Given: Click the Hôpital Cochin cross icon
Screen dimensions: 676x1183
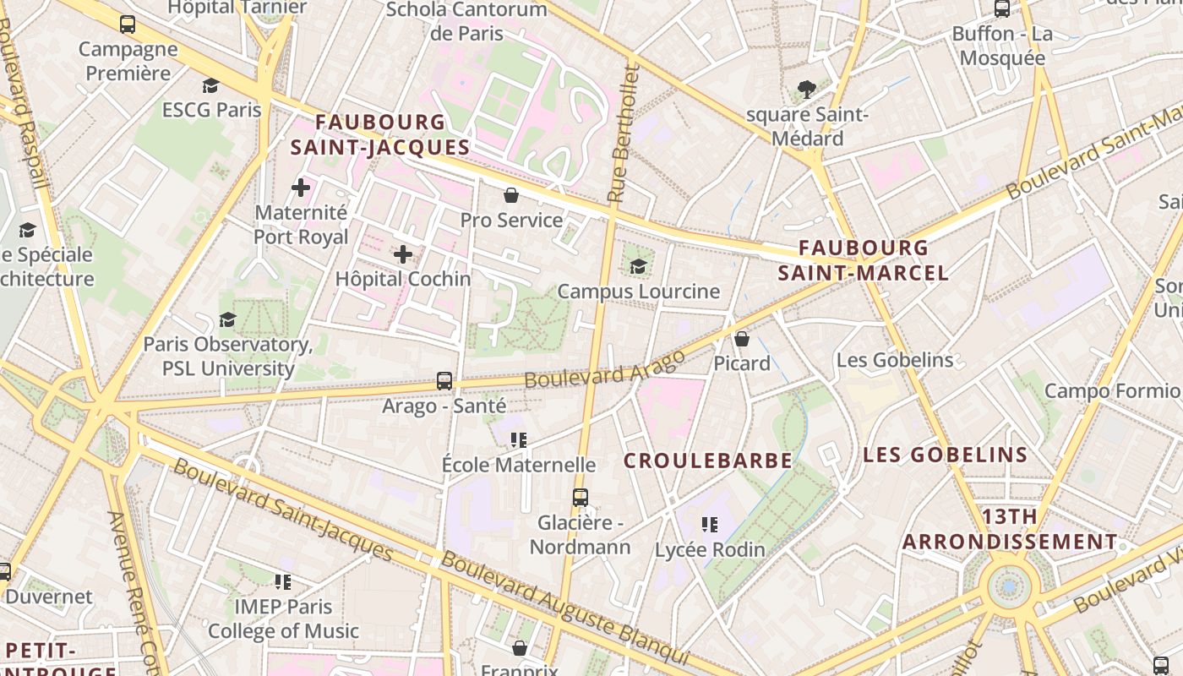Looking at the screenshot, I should click(x=403, y=253).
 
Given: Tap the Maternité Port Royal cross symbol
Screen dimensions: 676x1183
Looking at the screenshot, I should click(x=301, y=188).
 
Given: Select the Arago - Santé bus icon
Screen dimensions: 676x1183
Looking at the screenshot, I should click(x=444, y=381).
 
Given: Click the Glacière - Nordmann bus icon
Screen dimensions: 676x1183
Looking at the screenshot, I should click(x=580, y=498).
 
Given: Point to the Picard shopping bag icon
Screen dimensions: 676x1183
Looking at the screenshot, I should click(x=742, y=339).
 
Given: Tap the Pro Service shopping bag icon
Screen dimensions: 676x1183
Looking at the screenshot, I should click(x=511, y=196).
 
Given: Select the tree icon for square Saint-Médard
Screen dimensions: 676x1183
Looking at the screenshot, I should click(x=806, y=89).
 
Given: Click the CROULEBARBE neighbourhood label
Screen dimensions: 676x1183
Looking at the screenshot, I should click(x=708, y=461).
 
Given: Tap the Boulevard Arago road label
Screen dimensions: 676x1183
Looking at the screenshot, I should click(x=605, y=369).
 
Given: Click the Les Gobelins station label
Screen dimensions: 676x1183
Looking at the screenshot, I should click(x=894, y=360).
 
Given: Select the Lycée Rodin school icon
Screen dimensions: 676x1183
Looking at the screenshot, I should click(x=710, y=525).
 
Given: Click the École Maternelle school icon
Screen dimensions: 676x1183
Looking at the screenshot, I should click(x=519, y=439).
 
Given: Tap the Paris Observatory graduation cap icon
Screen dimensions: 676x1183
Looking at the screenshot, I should click(x=227, y=319).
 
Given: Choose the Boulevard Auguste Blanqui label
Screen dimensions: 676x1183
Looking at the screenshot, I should click(x=564, y=608).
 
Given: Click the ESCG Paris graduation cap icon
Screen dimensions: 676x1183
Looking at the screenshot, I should click(x=210, y=85).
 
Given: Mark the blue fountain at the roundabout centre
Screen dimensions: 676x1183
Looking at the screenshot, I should click(x=1009, y=586).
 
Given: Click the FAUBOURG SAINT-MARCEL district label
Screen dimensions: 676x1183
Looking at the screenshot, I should click(x=863, y=260).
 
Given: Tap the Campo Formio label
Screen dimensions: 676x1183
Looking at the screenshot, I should click(x=1112, y=391).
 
